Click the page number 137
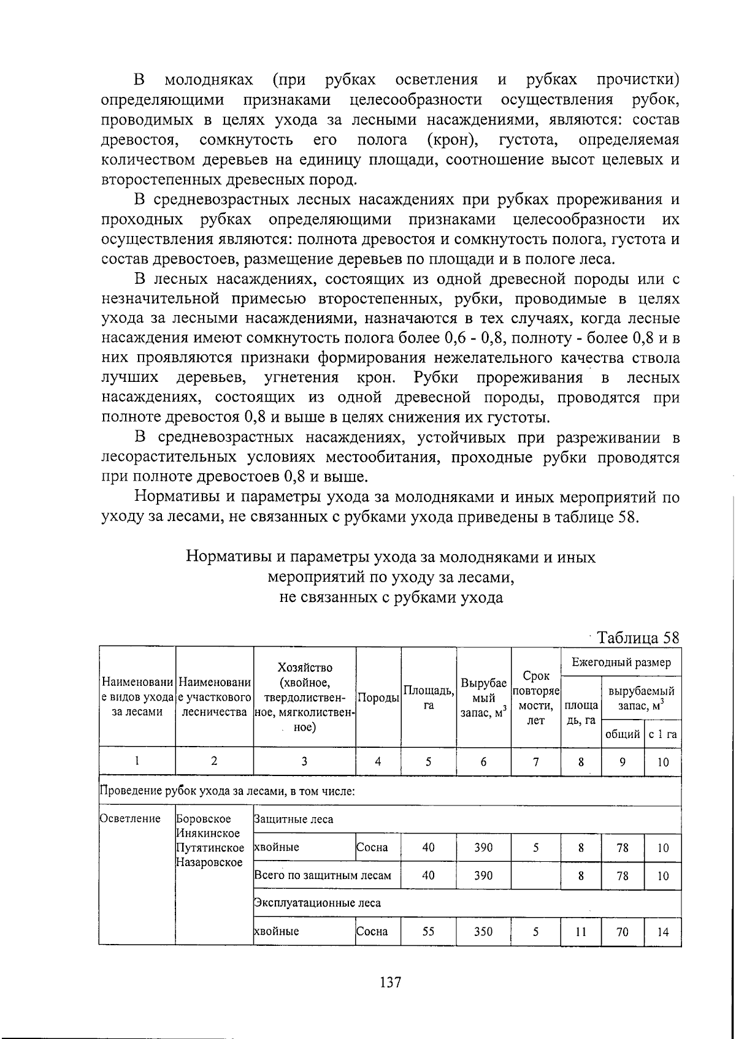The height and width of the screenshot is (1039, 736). (390, 983)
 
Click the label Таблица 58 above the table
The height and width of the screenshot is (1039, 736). (638, 637)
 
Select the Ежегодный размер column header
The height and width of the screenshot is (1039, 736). (621, 662)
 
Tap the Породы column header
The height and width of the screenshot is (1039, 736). (378, 698)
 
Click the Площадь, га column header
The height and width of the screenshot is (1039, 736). (428, 698)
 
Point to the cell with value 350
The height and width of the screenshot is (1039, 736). (483, 932)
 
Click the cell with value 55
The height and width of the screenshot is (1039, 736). (428, 932)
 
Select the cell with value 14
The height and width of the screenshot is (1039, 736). (662, 932)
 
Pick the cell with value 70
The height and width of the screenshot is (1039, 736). (623, 932)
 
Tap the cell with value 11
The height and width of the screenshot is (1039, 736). (581, 932)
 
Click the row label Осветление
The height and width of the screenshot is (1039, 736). (130, 819)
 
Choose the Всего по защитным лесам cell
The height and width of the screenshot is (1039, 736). (323, 875)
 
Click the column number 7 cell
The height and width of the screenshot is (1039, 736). (535, 762)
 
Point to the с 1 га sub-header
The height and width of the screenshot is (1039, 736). (662, 734)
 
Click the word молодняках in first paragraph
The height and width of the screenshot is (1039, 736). (209, 80)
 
